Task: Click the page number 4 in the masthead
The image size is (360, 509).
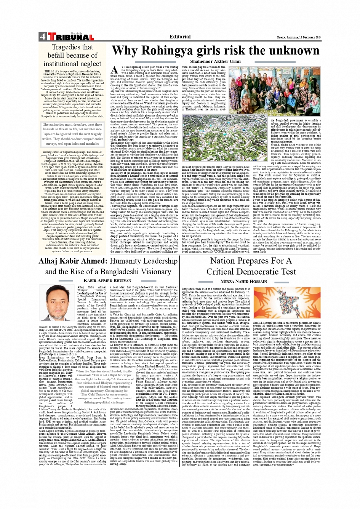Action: pyautogui.click(x=42, y=37)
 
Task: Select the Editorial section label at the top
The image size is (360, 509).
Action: pyautogui.click(x=180, y=37)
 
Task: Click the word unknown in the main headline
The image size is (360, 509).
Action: pyautogui.click(x=291, y=51)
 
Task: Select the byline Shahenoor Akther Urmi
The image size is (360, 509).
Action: pyautogui.click(x=215, y=61)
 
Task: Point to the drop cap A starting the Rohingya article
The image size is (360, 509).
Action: pyautogui.click(x=114, y=70)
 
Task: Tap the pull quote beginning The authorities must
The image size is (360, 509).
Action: pyautogui.click(x=72, y=134)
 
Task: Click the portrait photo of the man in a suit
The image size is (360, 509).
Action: pyautogui.click(x=57, y=303)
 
